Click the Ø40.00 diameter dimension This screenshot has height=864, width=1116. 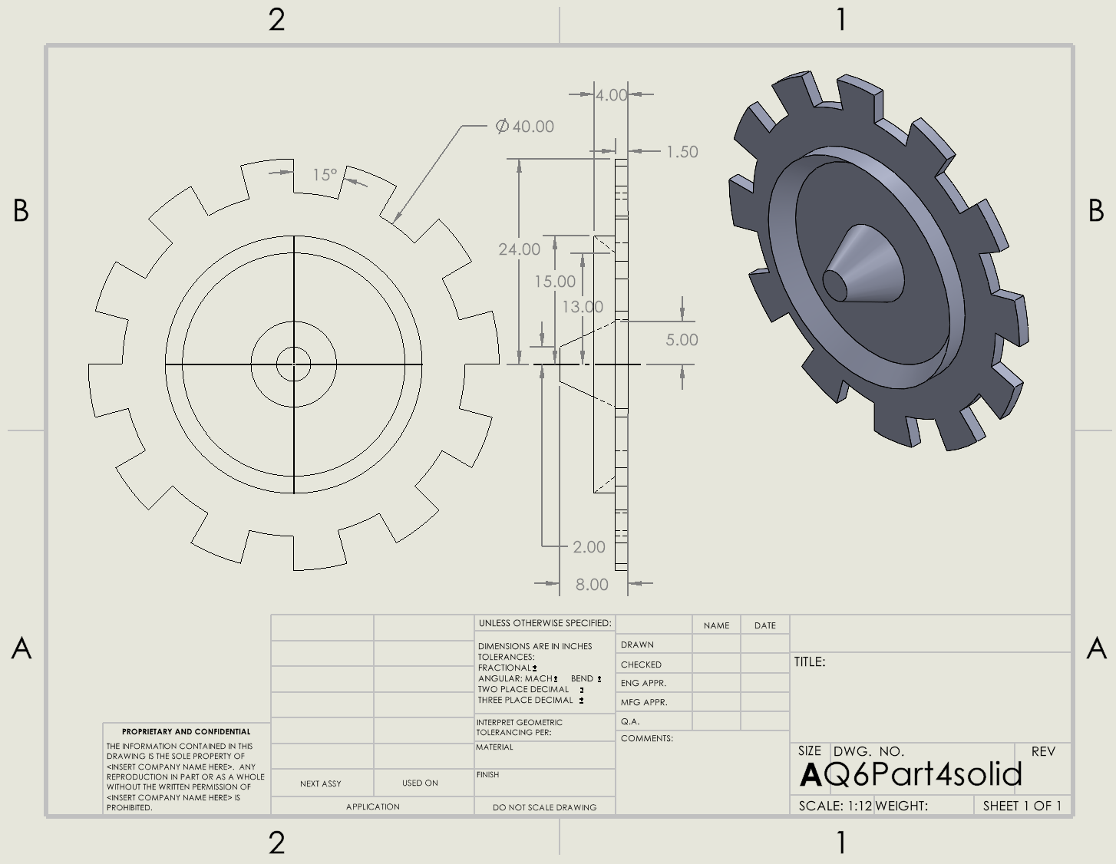pyautogui.click(x=525, y=127)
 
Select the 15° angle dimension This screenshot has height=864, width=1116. pyautogui.click(x=325, y=175)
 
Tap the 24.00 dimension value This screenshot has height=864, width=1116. pyautogui.click(x=519, y=249)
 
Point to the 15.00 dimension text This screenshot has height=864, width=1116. pyautogui.click(x=555, y=282)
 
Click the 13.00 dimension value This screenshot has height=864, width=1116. pyautogui.click(x=583, y=307)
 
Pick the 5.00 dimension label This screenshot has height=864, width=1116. pyautogui.click(x=682, y=340)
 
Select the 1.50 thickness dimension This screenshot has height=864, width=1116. pyautogui.click(x=682, y=152)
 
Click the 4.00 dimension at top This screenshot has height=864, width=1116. pyautogui.click(x=611, y=95)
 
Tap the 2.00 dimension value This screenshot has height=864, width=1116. pyautogui.click(x=589, y=547)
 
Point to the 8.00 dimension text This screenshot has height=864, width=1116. pyautogui.click(x=592, y=585)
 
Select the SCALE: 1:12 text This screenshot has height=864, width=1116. pyautogui.click(x=835, y=806)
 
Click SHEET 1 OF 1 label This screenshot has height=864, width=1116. pyautogui.click(x=1022, y=806)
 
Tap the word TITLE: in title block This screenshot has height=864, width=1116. pyautogui.click(x=810, y=661)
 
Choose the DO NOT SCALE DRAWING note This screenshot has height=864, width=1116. pyautogui.click(x=544, y=807)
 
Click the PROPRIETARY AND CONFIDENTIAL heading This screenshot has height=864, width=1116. pyautogui.click(x=187, y=731)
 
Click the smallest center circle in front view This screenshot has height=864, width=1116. pyautogui.click(x=293, y=364)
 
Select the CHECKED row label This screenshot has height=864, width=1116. pyautogui.click(x=641, y=664)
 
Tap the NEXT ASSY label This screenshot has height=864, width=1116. pyautogui.click(x=321, y=783)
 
